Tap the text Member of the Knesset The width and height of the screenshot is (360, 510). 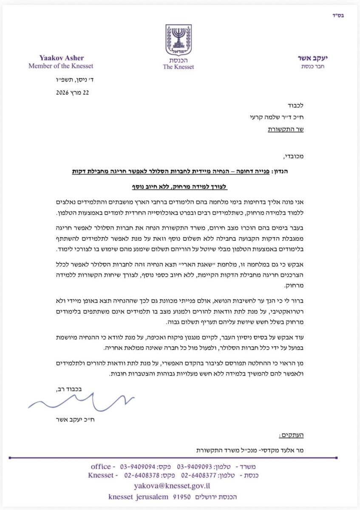pos(61,66)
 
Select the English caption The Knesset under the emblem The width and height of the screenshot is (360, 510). pos(179,67)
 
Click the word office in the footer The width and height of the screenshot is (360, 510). pos(100,466)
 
